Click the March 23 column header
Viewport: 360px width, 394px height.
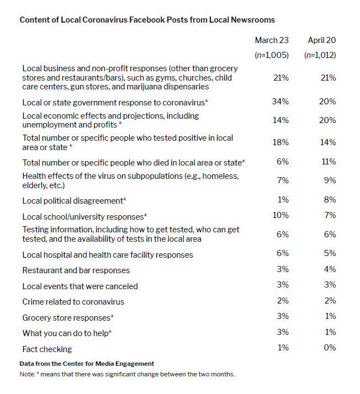click(x=272, y=40)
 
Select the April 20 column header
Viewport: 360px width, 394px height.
click(x=322, y=40)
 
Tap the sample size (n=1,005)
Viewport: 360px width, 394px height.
click(x=272, y=55)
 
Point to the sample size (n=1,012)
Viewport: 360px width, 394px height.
click(x=320, y=55)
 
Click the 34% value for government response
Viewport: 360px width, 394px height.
click(x=280, y=102)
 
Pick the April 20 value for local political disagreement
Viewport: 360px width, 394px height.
click(x=330, y=200)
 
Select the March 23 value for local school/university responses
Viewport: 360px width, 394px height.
click(x=280, y=215)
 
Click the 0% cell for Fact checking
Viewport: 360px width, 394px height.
click(x=330, y=348)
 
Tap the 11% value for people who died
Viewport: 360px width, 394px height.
click(x=329, y=161)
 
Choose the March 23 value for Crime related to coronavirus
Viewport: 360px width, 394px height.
click(x=283, y=301)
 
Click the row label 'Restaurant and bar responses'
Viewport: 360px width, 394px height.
click(x=76, y=270)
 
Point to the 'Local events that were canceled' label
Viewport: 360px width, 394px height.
click(x=80, y=286)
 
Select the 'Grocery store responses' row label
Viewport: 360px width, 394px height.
click(x=68, y=318)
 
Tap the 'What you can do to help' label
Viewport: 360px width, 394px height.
click(x=67, y=333)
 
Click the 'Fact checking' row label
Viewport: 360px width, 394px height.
click(x=47, y=349)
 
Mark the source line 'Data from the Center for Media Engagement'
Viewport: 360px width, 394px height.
click(x=87, y=364)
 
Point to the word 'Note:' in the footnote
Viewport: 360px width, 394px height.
click(x=27, y=374)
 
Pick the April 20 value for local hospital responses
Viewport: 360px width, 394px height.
click(x=330, y=253)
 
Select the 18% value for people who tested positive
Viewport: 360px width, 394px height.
click(x=280, y=142)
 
